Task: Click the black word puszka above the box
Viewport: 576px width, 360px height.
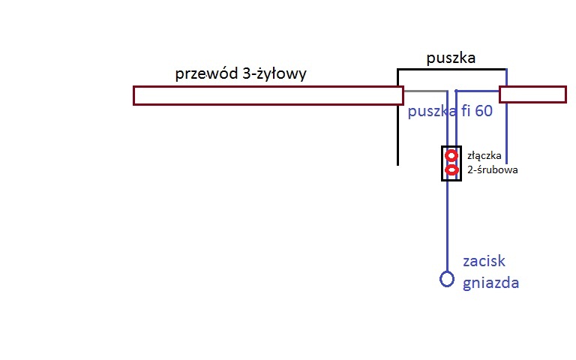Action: click(x=451, y=58)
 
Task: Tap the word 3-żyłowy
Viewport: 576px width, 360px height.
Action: click(x=275, y=74)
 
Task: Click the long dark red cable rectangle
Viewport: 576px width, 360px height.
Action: click(x=268, y=95)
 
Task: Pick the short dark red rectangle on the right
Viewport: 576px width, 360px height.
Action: click(x=532, y=94)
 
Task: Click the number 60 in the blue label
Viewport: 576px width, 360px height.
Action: click(x=483, y=112)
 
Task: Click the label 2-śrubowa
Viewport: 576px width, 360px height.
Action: click(x=493, y=169)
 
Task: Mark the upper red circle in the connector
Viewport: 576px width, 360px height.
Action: click(x=451, y=156)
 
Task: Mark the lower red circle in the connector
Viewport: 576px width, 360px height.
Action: click(x=451, y=170)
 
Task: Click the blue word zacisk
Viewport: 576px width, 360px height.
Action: click(x=484, y=262)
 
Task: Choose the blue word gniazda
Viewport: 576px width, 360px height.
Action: click(x=491, y=283)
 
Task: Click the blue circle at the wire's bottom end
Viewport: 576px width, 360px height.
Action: click(x=447, y=280)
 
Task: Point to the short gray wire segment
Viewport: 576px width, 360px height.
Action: click(x=425, y=91)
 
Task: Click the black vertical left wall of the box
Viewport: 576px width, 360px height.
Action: click(x=397, y=135)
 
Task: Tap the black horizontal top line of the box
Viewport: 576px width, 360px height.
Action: click(x=450, y=70)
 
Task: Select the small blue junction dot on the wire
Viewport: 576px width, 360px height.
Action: click(x=456, y=91)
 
